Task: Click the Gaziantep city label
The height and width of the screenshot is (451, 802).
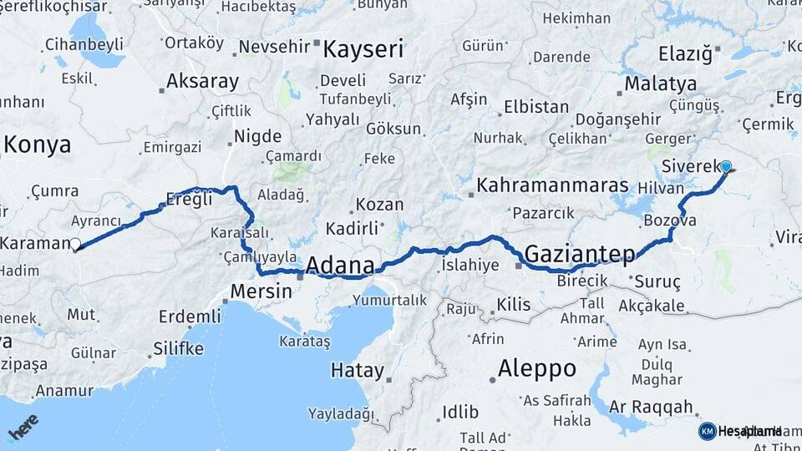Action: [x=580, y=252]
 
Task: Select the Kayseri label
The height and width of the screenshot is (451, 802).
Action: [x=363, y=49]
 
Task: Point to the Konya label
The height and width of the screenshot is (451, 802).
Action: [x=37, y=144]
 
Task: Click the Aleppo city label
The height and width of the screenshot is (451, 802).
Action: [x=536, y=368]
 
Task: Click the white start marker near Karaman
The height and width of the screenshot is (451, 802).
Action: [x=76, y=245]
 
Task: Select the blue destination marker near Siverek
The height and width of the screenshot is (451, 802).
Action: [x=725, y=167]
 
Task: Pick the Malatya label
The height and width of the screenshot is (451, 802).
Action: [x=660, y=84]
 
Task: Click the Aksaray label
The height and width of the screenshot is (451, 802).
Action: [x=202, y=82]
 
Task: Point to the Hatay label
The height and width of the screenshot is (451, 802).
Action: [x=357, y=370]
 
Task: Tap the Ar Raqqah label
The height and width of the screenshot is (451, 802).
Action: [x=652, y=407]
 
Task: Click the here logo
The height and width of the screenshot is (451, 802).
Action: [x=23, y=427]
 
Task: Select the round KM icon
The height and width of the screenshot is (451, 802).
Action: [x=707, y=431]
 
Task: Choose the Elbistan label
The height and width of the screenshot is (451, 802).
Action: [x=536, y=108]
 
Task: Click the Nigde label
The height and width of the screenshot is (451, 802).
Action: [x=257, y=135]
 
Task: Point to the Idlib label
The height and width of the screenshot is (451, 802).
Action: [x=460, y=412]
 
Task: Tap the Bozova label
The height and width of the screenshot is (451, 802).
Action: [x=670, y=221]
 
